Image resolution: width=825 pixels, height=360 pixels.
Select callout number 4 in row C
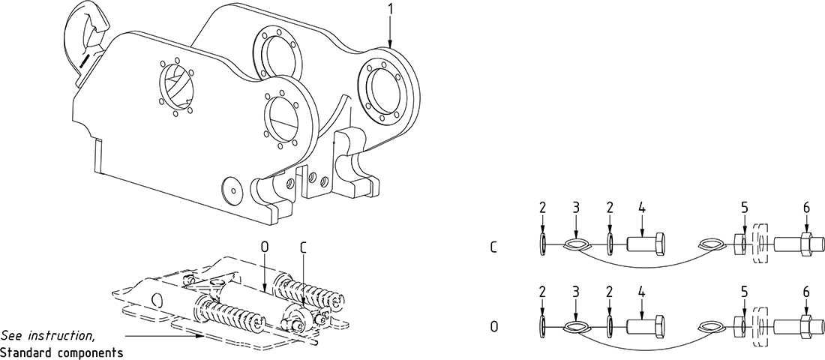click(x=641, y=207)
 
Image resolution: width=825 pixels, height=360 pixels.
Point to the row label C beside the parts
click(x=493, y=245)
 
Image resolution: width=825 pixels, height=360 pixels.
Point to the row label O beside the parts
click(x=493, y=327)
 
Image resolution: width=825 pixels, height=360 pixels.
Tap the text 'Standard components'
click(x=61, y=352)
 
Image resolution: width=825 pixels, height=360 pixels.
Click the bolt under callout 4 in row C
click(x=644, y=244)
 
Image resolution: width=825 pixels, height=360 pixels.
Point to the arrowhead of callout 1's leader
click(x=390, y=46)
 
